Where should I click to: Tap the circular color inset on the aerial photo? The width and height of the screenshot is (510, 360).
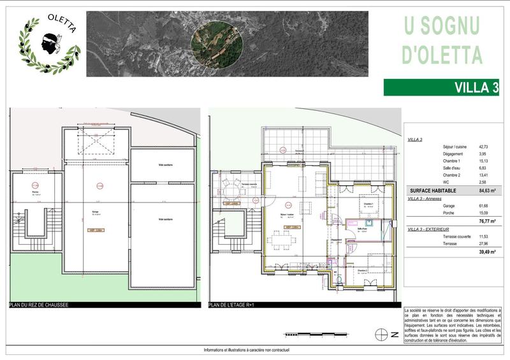pyautogui.click(x=216, y=43)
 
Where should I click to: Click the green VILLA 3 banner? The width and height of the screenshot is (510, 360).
pyautogui.click(x=441, y=88)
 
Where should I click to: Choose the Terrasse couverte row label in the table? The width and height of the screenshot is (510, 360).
pyautogui.click(x=456, y=236)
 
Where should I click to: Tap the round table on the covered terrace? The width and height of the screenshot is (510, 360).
pyautogui.click(x=230, y=191)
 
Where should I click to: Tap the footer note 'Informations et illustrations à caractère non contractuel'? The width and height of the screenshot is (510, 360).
pyautogui.click(x=255, y=351)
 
